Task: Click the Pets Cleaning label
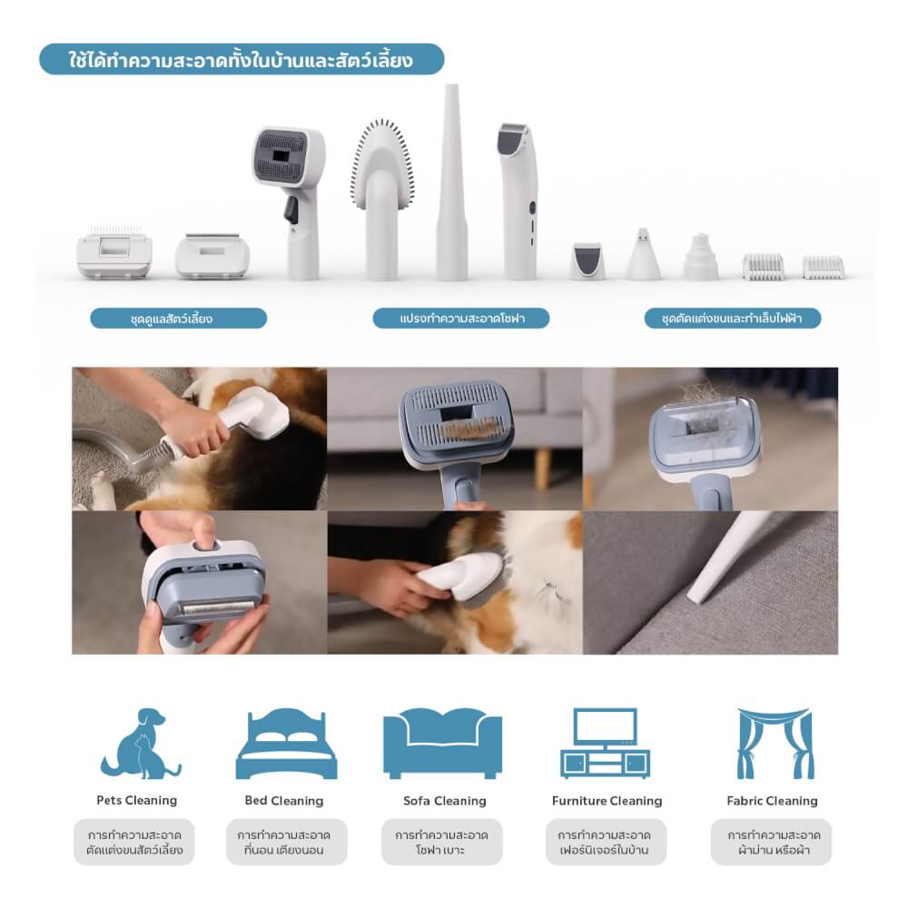(x=136, y=801)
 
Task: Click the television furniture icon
(x=606, y=744)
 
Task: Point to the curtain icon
(x=772, y=744)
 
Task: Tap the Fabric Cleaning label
(x=772, y=801)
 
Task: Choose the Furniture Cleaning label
(x=607, y=801)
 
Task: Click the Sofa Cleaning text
(x=445, y=801)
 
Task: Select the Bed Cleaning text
(x=283, y=801)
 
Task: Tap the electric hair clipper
(x=519, y=200)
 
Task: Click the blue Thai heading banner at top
(x=242, y=60)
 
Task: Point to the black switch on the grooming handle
(x=291, y=210)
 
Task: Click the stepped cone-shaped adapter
(x=700, y=257)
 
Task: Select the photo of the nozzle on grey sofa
(x=710, y=583)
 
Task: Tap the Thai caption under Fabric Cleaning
(x=772, y=843)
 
